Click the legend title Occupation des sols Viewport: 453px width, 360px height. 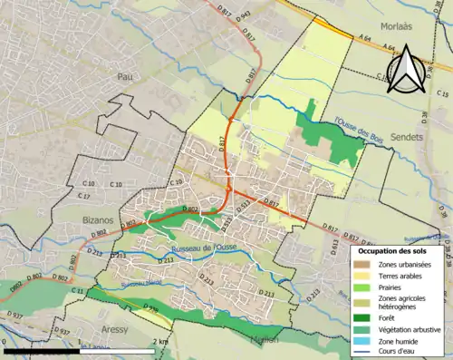point(391,249)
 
